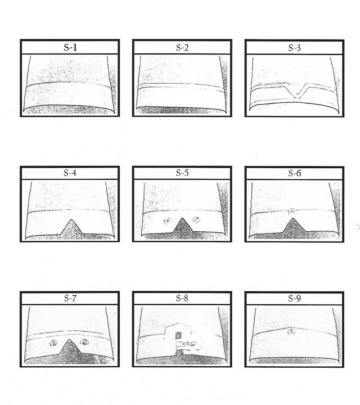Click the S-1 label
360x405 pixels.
[70, 48]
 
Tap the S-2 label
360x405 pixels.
[182, 48]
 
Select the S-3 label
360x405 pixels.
[294, 48]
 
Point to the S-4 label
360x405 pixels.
[70, 173]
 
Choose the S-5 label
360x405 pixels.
[182, 173]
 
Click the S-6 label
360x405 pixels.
[294, 173]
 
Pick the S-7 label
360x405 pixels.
[70, 298]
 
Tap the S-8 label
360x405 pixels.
[182, 298]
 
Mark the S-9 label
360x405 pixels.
[294, 298]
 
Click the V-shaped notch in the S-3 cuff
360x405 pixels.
[297, 91]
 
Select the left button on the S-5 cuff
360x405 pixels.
[167, 221]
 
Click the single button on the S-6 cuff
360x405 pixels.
[292, 211]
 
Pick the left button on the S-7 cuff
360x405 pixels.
[54, 343]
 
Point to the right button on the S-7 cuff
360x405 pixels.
[84, 342]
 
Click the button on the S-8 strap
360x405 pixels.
[192, 344]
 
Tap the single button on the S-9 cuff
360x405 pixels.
[292, 332]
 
